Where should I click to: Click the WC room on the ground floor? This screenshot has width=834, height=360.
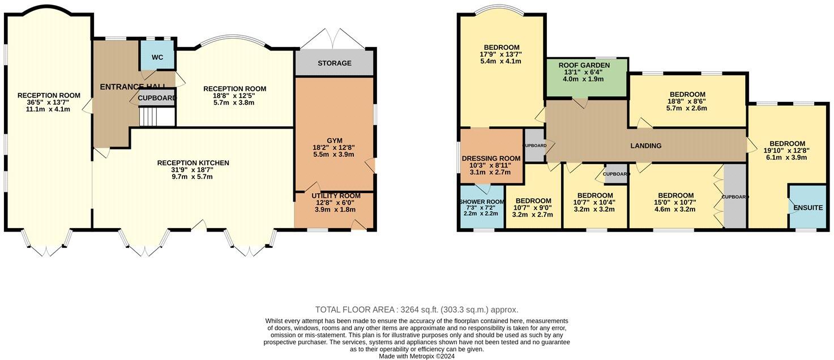tap(157, 57)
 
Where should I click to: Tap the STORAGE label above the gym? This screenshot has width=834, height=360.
tap(334, 63)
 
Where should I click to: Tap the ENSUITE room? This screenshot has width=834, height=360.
tap(807, 208)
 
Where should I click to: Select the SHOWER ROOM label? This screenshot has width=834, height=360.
tap(482, 202)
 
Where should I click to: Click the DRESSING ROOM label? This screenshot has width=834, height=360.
tap(491, 158)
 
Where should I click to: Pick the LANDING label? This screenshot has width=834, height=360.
tap(646, 145)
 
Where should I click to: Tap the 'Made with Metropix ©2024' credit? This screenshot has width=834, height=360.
tap(416, 356)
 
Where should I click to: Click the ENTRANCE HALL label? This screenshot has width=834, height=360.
tap(133, 87)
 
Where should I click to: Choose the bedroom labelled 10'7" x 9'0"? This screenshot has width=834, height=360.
tap(533, 208)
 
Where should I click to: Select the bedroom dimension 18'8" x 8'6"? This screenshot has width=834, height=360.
tap(687, 101)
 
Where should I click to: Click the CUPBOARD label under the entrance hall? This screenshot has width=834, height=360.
tap(157, 98)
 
